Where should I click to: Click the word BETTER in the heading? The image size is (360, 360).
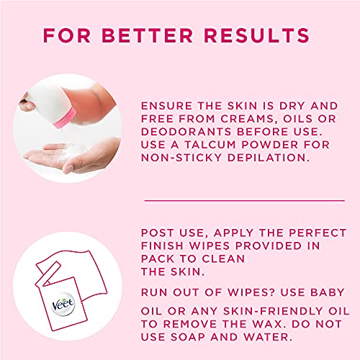148,35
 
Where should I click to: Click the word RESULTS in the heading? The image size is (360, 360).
257,35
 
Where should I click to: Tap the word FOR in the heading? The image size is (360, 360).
67,35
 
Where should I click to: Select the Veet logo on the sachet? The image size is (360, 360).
63,304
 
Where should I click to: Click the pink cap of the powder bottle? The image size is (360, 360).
64,118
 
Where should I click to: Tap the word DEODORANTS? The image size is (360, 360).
186,132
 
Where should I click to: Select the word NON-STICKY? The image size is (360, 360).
181,158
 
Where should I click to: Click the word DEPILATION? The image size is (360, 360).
269,158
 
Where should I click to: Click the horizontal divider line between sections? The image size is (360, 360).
245,200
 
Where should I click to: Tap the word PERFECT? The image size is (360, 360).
318,233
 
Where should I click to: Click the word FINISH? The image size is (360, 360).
162,246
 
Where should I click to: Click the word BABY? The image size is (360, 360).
328,292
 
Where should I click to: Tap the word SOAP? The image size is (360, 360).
188,337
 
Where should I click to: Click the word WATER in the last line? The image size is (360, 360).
269,337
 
